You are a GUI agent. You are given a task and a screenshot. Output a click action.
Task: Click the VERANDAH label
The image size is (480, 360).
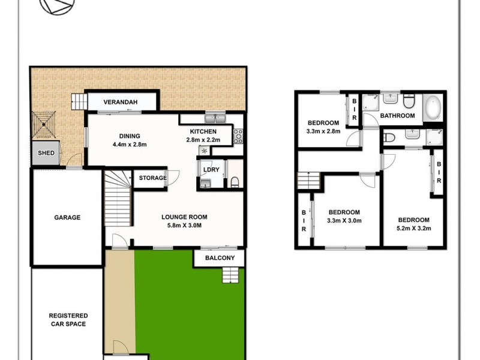coord(121,103)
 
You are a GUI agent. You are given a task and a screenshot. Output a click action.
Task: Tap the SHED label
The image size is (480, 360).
coord(46,153)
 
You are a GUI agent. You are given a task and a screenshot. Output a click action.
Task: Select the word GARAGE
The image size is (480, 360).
coord(67,218)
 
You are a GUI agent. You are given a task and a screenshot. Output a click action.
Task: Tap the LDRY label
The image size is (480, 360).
coord(211,170)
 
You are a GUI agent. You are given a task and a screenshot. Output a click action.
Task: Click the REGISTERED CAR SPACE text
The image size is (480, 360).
coord(68,320)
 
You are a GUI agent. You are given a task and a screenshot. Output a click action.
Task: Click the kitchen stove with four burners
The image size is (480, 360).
coord(237,137)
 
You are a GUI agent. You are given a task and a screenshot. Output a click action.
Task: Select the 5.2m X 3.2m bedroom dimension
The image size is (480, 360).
coord(413,228)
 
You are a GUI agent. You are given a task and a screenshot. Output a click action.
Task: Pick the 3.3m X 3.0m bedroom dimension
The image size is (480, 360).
coord(344,220)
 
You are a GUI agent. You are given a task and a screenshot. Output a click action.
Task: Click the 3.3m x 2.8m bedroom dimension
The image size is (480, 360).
coord(323,131)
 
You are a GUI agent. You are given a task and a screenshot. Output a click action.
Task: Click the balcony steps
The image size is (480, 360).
coord(231,275)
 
